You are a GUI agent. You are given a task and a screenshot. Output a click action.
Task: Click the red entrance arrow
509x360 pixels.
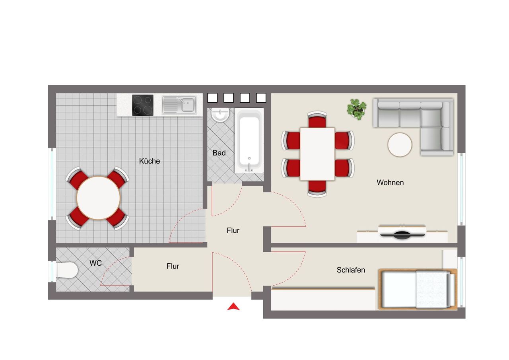point(233,307)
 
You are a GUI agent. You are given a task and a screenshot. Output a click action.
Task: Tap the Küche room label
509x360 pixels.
point(150,161)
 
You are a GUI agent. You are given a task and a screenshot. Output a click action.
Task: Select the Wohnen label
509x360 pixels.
point(390,183)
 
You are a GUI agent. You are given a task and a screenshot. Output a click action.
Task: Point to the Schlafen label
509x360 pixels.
point(351,270)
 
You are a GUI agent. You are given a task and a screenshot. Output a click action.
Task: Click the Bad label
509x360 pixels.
point(219,153)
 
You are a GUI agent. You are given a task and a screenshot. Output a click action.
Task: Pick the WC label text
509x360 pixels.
point(95,263)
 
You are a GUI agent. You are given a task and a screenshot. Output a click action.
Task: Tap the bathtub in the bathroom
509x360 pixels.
point(249,140)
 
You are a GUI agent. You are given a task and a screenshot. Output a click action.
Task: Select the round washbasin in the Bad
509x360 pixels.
point(220,115)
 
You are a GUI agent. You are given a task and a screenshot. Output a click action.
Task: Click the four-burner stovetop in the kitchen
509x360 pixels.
point(143,105)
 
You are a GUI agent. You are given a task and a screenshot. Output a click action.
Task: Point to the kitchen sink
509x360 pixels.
point(179,105)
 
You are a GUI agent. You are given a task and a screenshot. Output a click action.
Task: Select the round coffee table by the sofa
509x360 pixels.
point(400,145)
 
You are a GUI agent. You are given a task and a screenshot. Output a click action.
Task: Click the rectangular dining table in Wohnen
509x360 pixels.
point(317,154)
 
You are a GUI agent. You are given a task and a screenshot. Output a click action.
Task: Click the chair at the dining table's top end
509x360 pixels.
point(317,119)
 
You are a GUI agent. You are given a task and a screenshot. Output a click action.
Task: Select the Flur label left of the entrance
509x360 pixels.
point(173,267)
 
